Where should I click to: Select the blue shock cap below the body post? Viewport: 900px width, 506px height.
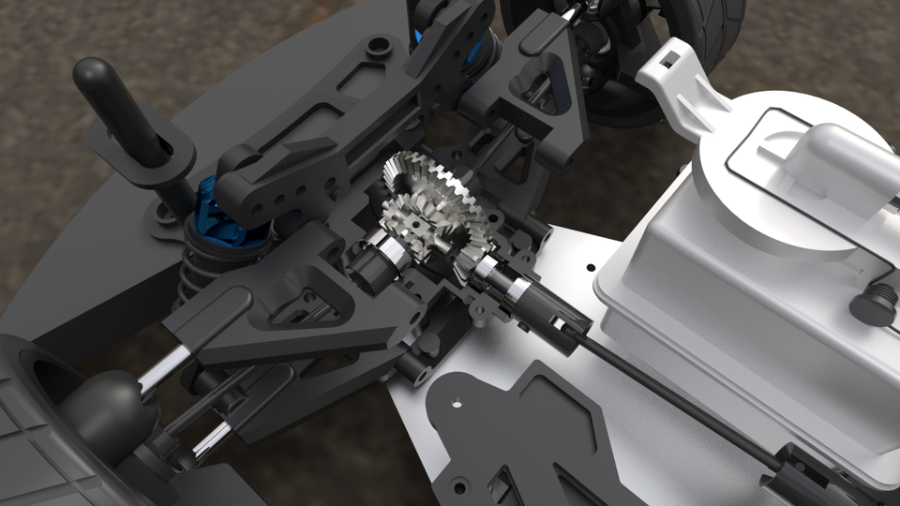(217, 218)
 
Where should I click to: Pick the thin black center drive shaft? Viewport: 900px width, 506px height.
(675, 394)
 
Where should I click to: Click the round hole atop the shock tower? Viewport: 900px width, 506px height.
(379, 45)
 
